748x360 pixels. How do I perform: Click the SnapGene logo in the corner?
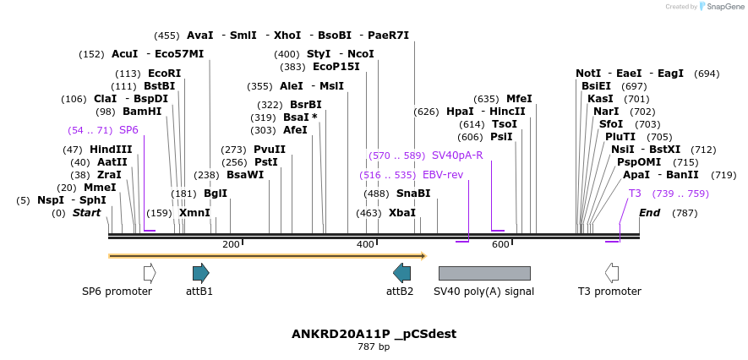point(719,6)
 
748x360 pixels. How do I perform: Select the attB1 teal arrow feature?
point(200,272)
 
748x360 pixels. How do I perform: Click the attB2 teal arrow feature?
point(402,272)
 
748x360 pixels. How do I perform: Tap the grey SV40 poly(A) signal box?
point(484,273)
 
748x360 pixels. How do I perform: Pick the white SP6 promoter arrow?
point(150,272)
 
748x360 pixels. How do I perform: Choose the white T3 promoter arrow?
point(611,272)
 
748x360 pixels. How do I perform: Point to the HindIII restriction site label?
point(111,150)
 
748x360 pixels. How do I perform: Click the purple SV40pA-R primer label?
point(457,155)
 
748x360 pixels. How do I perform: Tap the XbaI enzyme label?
point(402,213)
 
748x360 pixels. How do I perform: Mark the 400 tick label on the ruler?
point(365,244)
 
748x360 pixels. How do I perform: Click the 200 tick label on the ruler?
point(231,244)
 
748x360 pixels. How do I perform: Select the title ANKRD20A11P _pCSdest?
point(374,334)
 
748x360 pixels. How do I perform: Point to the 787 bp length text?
point(374,346)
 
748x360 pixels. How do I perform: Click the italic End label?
point(650,213)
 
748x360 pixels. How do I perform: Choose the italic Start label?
point(86,213)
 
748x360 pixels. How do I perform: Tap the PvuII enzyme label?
point(270,150)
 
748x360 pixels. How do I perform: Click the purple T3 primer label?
point(635,194)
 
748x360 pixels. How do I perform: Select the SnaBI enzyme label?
point(413,194)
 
